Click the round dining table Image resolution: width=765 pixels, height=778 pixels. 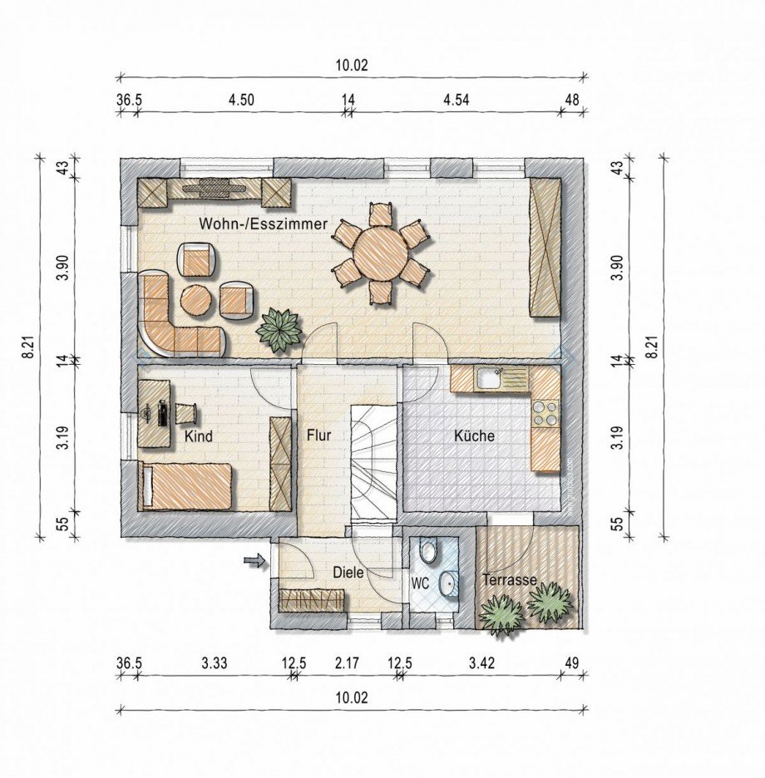pyautogui.click(x=382, y=253)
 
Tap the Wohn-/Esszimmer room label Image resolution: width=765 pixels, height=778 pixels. pyautogui.click(x=263, y=224)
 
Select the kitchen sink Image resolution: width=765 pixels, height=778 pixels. pyautogui.click(x=490, y=378)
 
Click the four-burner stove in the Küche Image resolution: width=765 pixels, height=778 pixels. pyautogui.click(x=545, y=414)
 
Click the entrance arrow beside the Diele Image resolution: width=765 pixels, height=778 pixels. pyautogui.click(x=255, y=561)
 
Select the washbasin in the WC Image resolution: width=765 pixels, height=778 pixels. pyautogui.click(x=449, y=583)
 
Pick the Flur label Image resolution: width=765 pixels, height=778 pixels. pyautogui.click(x=318, y=436)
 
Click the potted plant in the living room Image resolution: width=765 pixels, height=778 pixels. pyautogui.click(x=279, y=331)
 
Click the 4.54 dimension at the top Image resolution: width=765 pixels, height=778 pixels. pyautogui.click(x=456, y=100)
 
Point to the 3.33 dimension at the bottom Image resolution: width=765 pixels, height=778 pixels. pyautogui.click(x=215, y=663)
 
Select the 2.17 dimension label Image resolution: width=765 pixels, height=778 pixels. pyautogui.click(x=347, y=663)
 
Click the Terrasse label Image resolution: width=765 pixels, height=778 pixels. pyautogui.click(x=510, y=579)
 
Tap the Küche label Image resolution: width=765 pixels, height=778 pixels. pyautogui.click(x=475, y=436)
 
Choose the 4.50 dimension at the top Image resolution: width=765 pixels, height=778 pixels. pyautogui.click(x=241, y=100)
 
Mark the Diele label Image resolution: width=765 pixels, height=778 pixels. pyautogui.click(x=348, y=573)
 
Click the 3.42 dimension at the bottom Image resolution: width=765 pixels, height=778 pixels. pyautogui.click(x=481, y=663)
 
